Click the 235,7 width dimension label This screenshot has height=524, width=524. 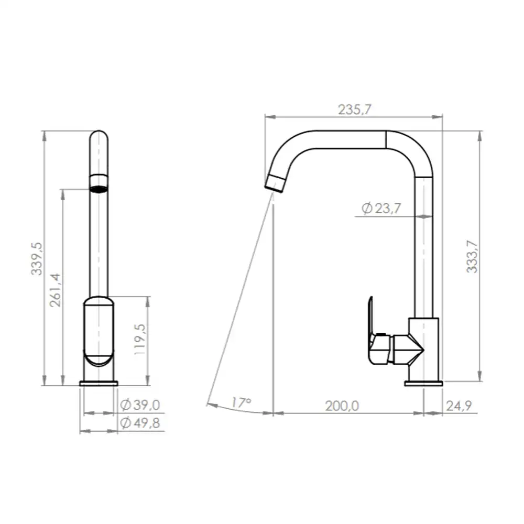(x=354, y=110)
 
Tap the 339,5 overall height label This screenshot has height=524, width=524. (x=37, y=259)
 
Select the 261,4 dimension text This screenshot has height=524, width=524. (x=56, y=290)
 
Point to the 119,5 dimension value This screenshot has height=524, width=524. (x=140, y=339)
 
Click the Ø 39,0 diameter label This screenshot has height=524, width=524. (x=140, y=405)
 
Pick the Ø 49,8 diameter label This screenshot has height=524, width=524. (x=140, y=423)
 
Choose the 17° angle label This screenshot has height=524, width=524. (x=241, y=402)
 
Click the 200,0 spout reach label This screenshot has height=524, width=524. (x=342, y=406)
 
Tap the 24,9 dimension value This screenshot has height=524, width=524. (x=459, y=406)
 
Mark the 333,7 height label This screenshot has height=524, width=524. (x=472, y=256)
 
